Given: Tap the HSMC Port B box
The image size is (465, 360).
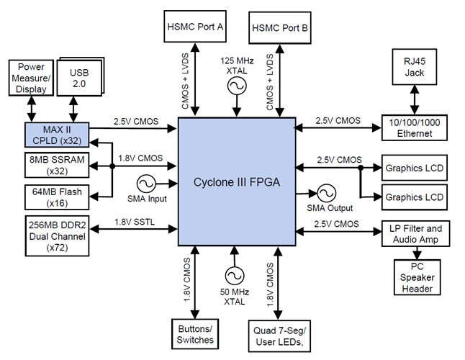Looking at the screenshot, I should coord(281,29).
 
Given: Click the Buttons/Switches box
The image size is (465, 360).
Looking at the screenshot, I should coord(196,333).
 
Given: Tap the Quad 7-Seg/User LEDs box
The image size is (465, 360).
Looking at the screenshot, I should coord(280,333).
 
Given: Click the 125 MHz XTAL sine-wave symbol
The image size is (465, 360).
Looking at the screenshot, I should coord(237,86).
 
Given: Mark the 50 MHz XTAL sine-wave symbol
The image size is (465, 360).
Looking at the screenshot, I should coord(233,275).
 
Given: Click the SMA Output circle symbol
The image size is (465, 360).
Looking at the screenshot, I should coord(326,193).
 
